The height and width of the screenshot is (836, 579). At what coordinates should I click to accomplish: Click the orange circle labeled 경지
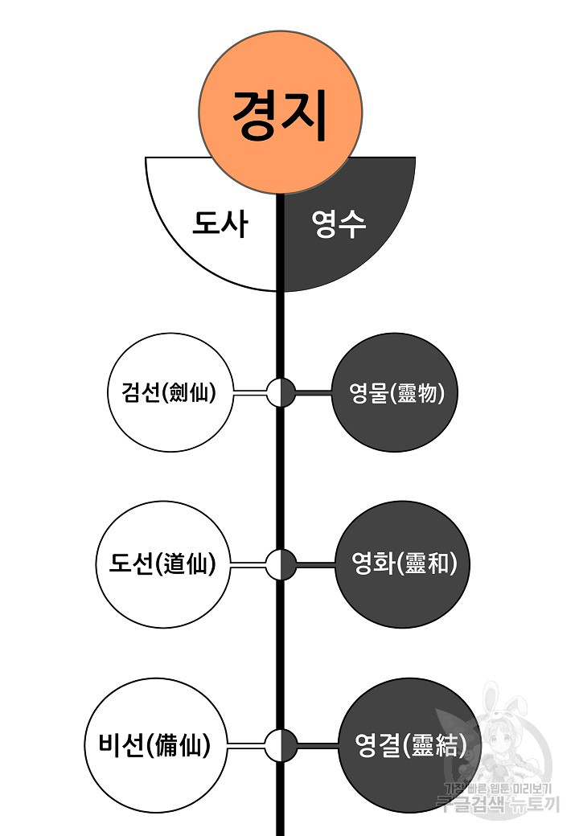(281, 113)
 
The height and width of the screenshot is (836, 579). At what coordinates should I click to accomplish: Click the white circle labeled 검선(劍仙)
(168, 394)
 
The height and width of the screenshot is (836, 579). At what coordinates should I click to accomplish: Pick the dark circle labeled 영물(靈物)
(392, 394)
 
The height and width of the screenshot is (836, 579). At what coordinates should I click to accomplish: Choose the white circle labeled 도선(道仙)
(163, 563)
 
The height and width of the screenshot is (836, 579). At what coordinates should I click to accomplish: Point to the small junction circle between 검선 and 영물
(281, 393)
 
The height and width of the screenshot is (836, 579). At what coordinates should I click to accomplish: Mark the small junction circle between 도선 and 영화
(281, 564)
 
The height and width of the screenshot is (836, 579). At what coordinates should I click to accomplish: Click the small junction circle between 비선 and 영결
(281, 744)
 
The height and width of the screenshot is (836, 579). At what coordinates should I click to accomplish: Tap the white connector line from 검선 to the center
(249, 393)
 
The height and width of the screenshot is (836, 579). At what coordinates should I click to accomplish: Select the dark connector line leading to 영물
(314, 393)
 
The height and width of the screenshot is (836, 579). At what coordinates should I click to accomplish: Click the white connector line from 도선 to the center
(248, 564)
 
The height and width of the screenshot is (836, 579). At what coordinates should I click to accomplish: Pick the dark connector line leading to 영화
(315, 564)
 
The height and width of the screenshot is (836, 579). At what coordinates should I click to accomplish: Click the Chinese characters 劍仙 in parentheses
(190, 394)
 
